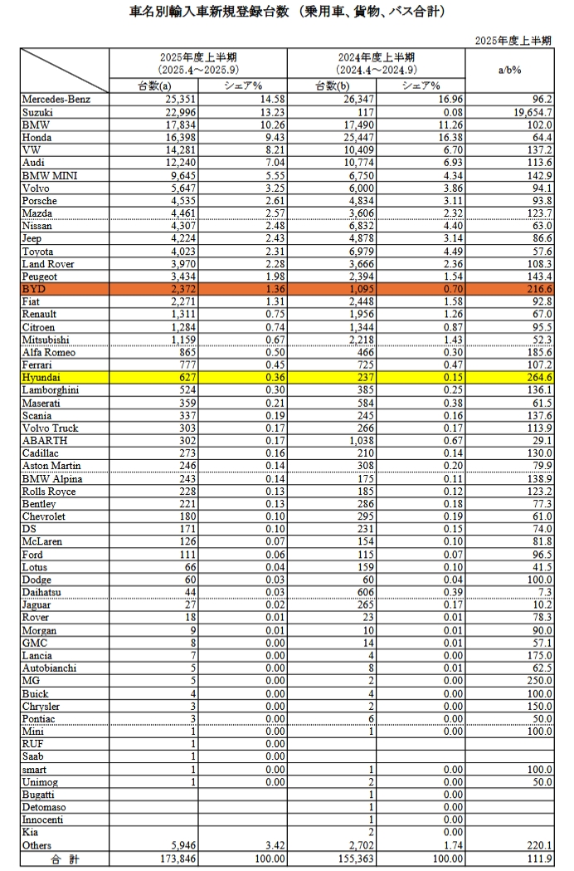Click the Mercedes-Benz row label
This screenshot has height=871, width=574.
pyautogui.click(x=55, y=100)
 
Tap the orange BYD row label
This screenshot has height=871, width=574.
pyautogui.click(x=35, y=289)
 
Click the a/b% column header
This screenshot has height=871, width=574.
pyautogui.click(x=509, y=71)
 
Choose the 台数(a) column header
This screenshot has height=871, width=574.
pyautogui.click(x=154, y=86)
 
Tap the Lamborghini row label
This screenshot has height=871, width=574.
pyautogui.click(x=51, y=389)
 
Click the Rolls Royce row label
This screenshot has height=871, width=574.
pyautogui.click(x=49, y=491)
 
